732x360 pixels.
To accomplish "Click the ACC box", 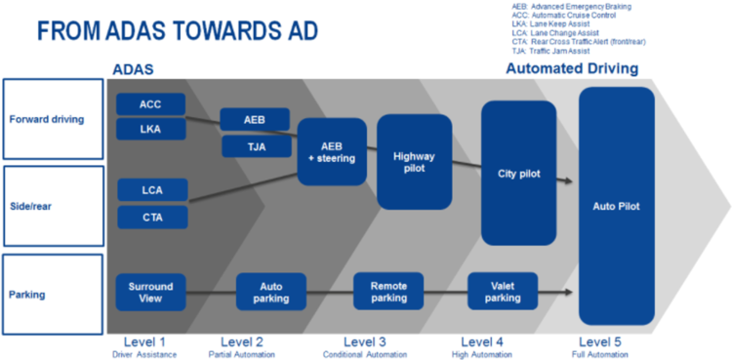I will pyautogui.click(x=151, y=104).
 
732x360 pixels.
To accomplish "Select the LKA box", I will pyautogui.click(x=151, y=130).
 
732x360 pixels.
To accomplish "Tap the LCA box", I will pyautogui.click(x=152, y=189).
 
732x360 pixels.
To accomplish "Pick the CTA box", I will pyautogui.click(x=152, y=217).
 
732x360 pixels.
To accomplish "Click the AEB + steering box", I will pyautogui.click(x=332, y=151).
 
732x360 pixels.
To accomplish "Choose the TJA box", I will pyautogui.click(x=255, y=146).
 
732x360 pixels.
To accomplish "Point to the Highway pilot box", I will pyautogui.click(x=414, y=161).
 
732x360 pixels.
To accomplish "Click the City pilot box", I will pyautogui.click(x=518, y=174).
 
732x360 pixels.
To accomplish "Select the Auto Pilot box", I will pyautogui.click(x=616, y=206).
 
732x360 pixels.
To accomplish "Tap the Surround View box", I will pyautogui.click(x=151, y=292).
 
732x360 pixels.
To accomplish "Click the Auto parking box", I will pyautogui.click(x=270, y=292).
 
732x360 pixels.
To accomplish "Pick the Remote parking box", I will pyautogui.click(x=388, y=292).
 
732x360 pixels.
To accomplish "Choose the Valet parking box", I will pyautogui.click(x=503, y=291).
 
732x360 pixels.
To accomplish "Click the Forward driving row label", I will pyautogui.click(x=54, y=120).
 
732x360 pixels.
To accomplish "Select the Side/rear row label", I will pyautogui.click(x=54, y=206).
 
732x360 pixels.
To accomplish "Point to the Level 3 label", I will pyautogui.click(x=364, y=340).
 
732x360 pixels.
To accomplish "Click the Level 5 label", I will pyautogui.click(x=600, y=340).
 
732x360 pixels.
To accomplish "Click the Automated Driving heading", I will pyautogui.click(x=572, y=69).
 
